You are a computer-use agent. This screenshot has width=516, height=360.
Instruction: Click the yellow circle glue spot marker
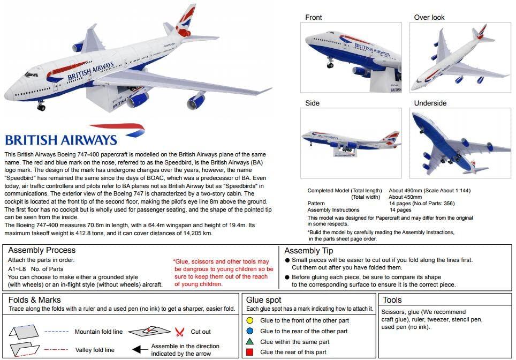tap(251, 320)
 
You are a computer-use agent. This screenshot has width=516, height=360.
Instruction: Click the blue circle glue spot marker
tap(251, 331)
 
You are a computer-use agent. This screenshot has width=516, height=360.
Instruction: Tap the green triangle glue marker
tap(251, 341)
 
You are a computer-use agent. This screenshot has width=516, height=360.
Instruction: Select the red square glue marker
tap(251, 352)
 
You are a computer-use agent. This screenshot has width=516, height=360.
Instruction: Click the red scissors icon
tap(180, 332)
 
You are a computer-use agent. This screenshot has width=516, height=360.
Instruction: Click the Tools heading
tap(392, 300)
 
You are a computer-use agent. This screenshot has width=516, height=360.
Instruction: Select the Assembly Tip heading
tap(308, 251)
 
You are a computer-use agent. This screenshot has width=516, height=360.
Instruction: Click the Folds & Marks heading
tap(34, 300)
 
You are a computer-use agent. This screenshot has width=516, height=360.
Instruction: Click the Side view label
tap(312, 103)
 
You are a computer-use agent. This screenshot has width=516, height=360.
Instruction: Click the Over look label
tap(429, 17)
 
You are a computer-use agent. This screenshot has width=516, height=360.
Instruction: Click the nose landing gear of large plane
tap(41, 106)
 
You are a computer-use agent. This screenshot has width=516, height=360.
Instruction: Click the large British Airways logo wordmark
tap(61, 140)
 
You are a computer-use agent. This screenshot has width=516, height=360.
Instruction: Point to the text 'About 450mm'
tap(405, 197)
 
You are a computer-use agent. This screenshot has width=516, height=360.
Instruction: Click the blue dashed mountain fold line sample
tap(57, 332)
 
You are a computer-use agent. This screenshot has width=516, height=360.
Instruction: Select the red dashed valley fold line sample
tap(57, 350)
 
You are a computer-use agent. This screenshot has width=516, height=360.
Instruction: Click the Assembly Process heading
tap(42, 250)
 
